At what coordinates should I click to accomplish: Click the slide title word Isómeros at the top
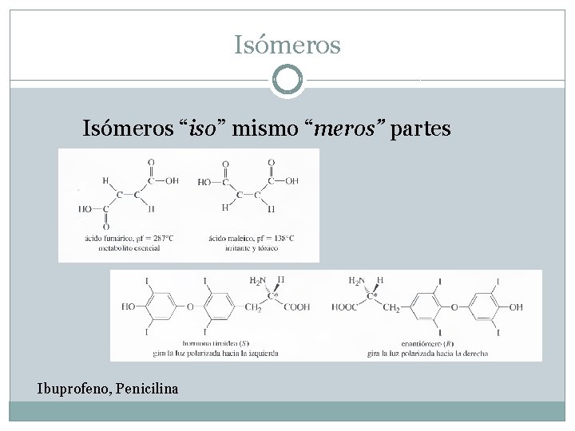coord(287,45)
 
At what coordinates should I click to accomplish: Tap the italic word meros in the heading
coord(347,129)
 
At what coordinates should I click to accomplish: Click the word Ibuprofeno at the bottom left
coord(73,389)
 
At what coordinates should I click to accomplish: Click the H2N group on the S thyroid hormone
coord(257,281)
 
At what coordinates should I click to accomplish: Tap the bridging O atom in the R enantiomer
coord(453,306)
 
